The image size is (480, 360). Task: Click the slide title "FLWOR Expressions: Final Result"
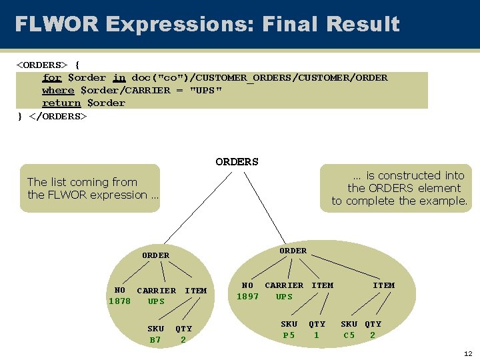[x=207, y=25]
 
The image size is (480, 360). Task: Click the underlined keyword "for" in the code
[x=52, y=77]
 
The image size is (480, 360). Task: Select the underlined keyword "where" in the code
[x=58, y=90]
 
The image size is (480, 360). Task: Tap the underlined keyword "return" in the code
[x=61, y=103]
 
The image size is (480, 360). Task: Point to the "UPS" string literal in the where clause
[x=206, y=90]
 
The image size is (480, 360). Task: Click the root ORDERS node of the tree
[x=237, y=161]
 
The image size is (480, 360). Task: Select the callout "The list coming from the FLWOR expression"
[x=90, y=188]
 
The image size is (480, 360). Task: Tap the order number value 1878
[x=120, y=301]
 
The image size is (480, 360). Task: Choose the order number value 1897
[x=247, y=297]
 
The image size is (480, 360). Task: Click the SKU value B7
[x=155, y=340]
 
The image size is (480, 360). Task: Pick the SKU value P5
[x=289, y=335]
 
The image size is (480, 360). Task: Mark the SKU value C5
[x=349, y=335]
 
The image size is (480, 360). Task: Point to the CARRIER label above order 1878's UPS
[x=156, y=291]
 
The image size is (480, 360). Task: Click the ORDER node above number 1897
[x=293, y=251]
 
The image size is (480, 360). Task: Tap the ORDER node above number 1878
[x=155, y=255]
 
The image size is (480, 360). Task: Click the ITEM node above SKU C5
[x=383, y=285]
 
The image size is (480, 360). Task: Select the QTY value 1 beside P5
[x=317, y=335]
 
